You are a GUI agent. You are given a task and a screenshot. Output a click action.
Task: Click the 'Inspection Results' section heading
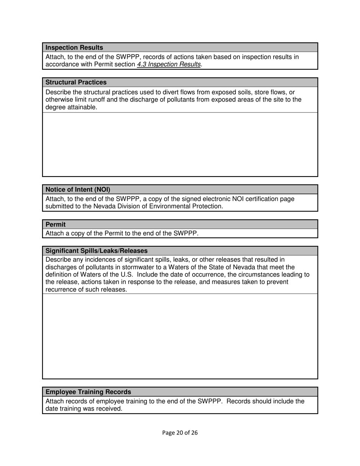coord(74,48)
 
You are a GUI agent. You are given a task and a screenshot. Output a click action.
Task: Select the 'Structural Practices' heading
coord(76,83)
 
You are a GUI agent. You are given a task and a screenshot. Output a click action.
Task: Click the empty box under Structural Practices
coord(180,144)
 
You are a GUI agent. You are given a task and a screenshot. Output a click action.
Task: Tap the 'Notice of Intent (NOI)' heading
coord(78,190)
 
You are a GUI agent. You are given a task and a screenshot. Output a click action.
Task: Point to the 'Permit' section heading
coord(56,225)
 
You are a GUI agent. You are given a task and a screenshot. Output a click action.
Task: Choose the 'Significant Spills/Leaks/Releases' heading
coord(97,251)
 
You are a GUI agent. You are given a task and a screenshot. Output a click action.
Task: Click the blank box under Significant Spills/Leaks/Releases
coord(180,336)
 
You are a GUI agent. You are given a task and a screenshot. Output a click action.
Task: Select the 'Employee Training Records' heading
coord(88,392)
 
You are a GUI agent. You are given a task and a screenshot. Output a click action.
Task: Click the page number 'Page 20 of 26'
coord(180,433)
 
